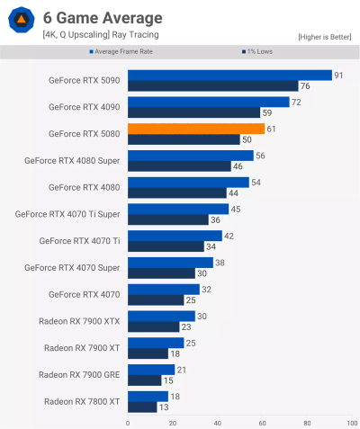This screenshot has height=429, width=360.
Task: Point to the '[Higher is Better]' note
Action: tap(325, 36)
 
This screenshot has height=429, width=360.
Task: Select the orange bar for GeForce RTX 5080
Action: tap(196, 129)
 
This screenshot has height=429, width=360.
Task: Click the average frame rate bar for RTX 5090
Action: tap(229, 76)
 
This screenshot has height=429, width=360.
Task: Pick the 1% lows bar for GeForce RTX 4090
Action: tap(193, 113)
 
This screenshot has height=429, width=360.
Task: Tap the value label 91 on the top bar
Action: tap(338, 76)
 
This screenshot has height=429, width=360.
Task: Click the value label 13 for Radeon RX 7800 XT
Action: tap(163, 407)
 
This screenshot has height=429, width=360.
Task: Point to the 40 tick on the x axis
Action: tap(217, 422)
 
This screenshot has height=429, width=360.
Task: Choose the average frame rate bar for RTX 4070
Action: tap(164, 289)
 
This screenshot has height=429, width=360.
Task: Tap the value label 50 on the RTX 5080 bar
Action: tap(247, 140)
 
